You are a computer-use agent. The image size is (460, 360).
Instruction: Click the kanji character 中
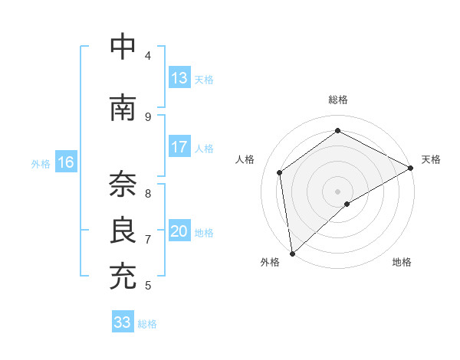pos(123,47)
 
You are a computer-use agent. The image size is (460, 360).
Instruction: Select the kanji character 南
pos(123,108)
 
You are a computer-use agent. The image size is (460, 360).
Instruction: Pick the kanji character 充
pos(123,277)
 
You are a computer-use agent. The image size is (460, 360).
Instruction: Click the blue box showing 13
pos(179,78)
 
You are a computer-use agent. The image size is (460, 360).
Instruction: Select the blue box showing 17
pos(179,147)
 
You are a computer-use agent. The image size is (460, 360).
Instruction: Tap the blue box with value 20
pos(179,231)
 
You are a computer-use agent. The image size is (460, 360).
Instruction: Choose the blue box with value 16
pos(66,162)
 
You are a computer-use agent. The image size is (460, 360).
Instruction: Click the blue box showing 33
pos(123,322)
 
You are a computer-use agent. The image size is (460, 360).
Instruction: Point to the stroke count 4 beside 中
pos(148,56)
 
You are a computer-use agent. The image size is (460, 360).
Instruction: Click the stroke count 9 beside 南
pos(148,117)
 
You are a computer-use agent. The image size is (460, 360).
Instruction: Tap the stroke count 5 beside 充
pos(148,286)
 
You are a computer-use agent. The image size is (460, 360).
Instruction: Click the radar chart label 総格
pos(338,100)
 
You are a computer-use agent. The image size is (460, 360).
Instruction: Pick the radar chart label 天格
pos(431,159)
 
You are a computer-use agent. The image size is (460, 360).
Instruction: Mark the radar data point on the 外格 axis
pos(292,253)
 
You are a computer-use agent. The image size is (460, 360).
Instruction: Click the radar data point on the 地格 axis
pos(347,204)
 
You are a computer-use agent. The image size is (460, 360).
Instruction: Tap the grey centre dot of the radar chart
pos(337,191)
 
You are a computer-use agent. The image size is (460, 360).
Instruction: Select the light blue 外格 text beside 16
pos(41,163)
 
